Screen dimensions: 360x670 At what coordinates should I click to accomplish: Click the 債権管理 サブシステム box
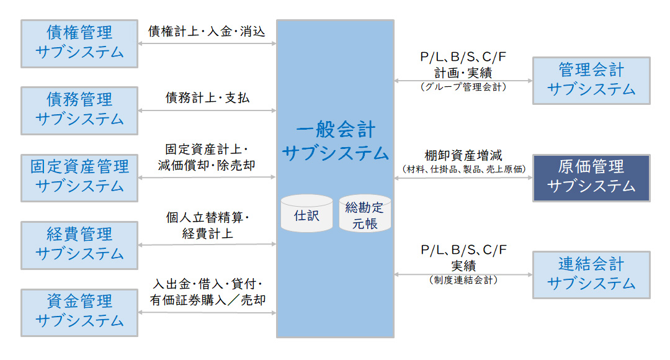[79, 43]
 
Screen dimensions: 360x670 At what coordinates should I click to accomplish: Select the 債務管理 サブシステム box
[79, 110]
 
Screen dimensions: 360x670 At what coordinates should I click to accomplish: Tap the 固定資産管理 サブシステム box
[79, 178]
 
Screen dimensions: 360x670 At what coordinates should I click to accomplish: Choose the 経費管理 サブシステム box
[79, 245]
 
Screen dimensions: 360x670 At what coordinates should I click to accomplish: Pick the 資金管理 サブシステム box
[79, 312]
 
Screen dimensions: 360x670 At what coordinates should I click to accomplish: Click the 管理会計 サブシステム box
[591, 81]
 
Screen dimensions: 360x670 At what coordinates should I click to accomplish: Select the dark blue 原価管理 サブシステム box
[591, 178]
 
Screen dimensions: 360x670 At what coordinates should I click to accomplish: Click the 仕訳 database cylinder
[306, 214]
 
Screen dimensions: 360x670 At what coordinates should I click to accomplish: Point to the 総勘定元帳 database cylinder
[365, 215]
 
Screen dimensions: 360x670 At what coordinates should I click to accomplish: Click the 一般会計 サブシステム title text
[335, 142]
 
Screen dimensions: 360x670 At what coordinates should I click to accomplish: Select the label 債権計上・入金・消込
[207, 31]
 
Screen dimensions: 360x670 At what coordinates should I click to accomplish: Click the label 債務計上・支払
[207, 98]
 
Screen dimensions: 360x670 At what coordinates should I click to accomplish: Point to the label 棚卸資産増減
[463, 155]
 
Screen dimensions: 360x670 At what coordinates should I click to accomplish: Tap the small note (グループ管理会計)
[463, 88]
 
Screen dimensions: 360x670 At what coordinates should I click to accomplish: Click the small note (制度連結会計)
[463, 281]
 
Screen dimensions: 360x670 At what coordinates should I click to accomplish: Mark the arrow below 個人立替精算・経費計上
[207, 245]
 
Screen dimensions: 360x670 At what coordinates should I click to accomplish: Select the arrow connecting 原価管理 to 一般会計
[463, 178]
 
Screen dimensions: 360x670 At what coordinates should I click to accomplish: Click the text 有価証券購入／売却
[207, 300]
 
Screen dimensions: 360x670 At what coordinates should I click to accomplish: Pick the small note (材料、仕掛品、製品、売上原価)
[463, 169]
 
